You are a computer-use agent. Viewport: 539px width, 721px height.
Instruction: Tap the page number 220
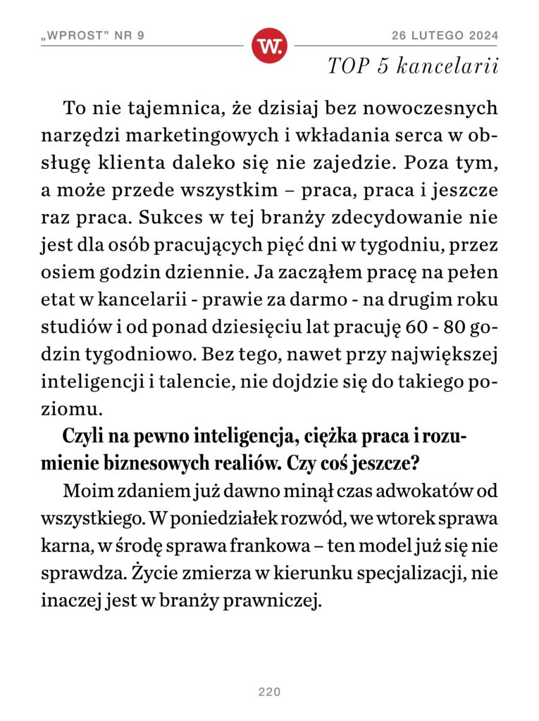pos(269,692)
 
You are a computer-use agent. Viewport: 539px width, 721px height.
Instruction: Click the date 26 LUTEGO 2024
pos(445,35)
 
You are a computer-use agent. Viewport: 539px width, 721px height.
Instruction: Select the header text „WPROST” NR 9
pos(92,35)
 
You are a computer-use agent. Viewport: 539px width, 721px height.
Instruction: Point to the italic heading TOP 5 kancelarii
pos(413,67)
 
